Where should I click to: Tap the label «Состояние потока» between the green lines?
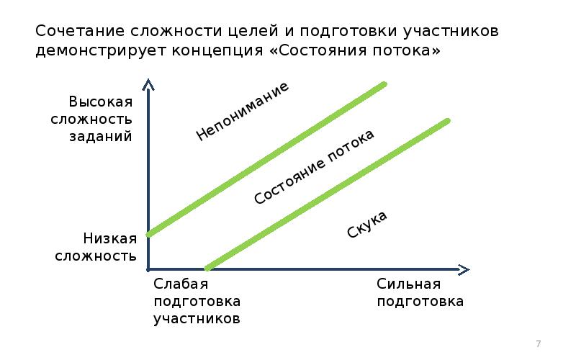click(x=315, y=167)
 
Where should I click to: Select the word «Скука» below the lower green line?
click(x=367, y=225)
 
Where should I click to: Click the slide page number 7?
click(x=538, y=343)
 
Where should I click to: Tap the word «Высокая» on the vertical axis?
click(x=101, y=102)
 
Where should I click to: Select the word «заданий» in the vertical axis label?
click(x=101, y=136)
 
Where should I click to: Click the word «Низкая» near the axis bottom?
click(x=109, y=238)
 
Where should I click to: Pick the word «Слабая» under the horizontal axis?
click(x=180, y=284)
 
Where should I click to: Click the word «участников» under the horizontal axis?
click(x=196, y=318)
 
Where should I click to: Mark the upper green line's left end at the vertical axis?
click(x=148, y=233)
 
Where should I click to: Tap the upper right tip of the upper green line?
click(x=384, y=85)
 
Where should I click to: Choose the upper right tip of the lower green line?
click(x=447, y=121)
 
